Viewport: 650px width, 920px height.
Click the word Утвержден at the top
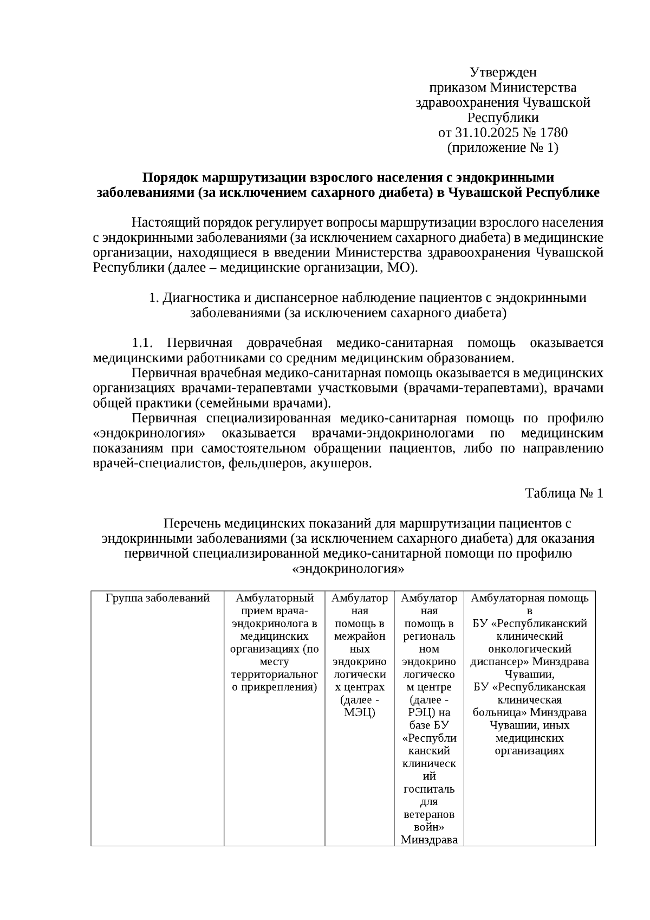[503, 73]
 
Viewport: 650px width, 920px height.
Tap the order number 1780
[554, 133]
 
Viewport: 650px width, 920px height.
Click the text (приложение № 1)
[503, 148]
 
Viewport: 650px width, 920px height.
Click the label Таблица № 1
[564, 493]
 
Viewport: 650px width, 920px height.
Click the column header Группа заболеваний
[158, 599]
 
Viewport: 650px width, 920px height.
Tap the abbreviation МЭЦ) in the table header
[360, 712]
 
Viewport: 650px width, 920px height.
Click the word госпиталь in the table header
[429, 789]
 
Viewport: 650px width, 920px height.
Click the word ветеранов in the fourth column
[429, 815]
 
